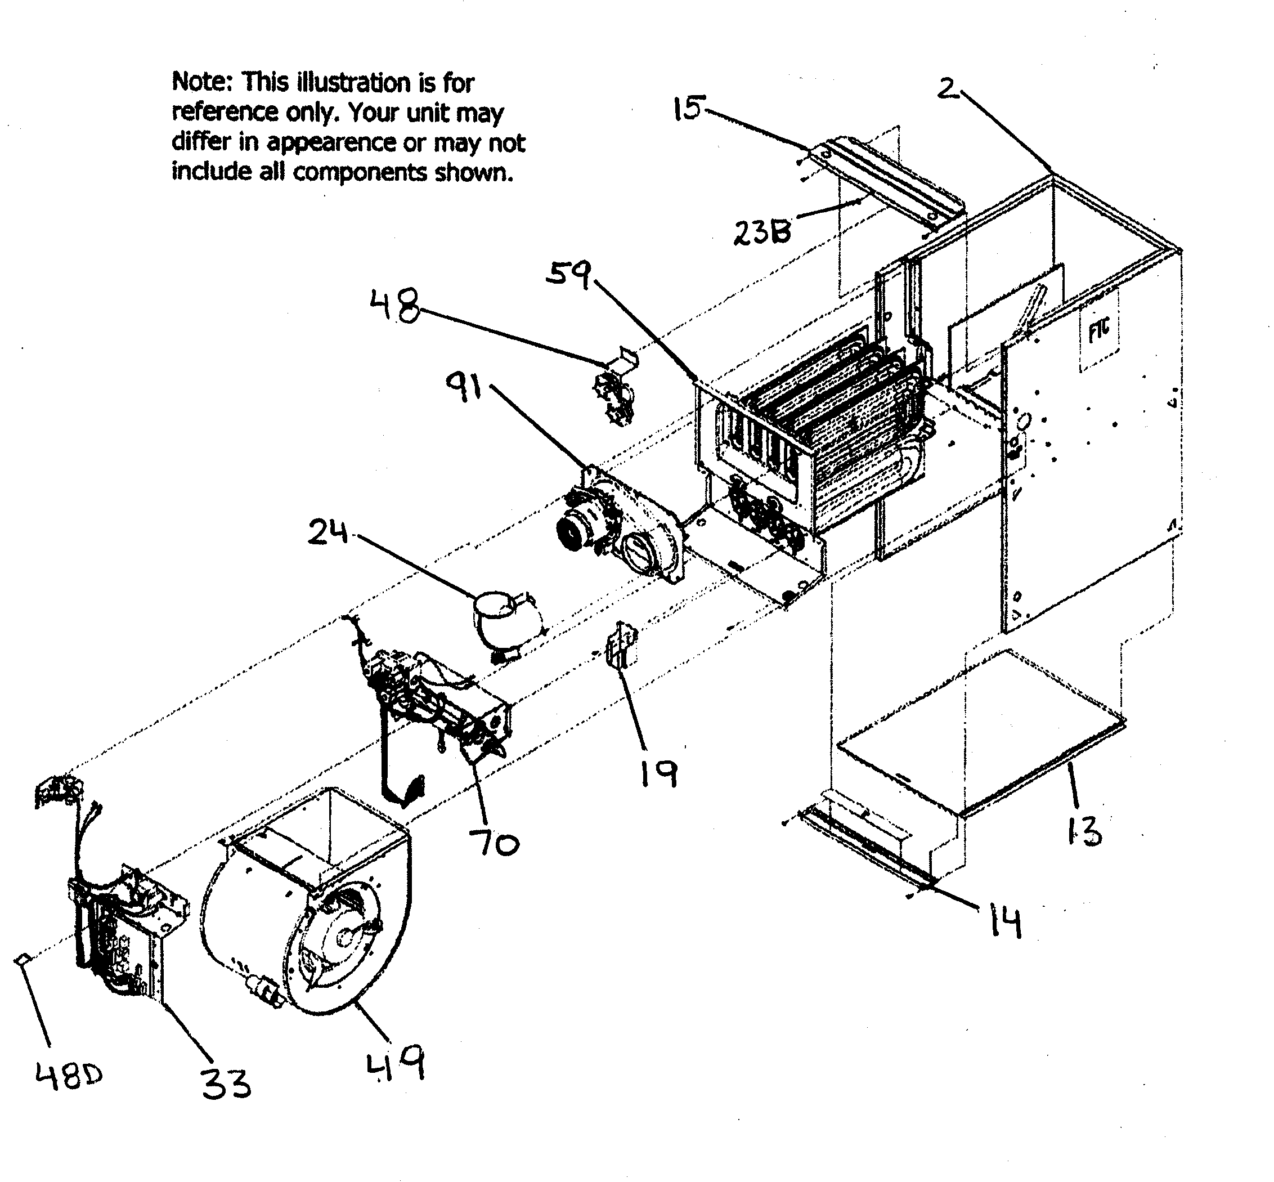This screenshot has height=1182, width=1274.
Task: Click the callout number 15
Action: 688,108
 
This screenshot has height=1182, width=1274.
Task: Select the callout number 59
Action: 567,275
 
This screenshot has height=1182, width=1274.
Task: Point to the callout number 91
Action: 464,387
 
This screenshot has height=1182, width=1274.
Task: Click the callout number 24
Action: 328,532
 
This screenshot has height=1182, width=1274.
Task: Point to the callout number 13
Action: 1083,831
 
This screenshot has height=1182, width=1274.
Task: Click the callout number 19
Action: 659,774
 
